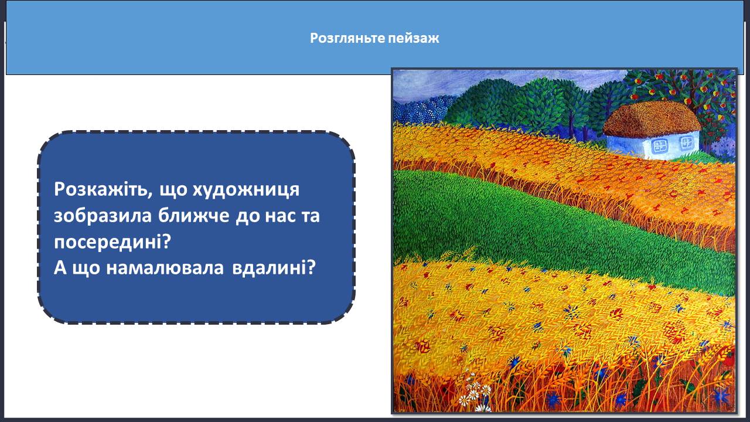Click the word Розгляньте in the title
[347, 38]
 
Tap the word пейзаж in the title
[414, 39]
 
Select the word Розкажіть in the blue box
[100, 189]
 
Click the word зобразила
[103, 216]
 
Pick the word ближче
[193, 216]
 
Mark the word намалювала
[165, 268]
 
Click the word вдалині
[274, 268]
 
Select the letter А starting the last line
[60, 268]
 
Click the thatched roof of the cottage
[652, 119]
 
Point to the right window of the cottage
[686, 144]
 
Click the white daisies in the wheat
[475, 393]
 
